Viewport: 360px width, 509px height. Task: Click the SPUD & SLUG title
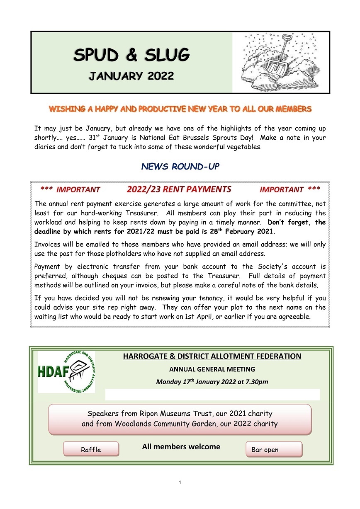click(131, 55)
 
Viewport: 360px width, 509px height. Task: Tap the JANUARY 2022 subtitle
click(131, 76)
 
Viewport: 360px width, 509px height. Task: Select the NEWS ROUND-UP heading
click(180, 167)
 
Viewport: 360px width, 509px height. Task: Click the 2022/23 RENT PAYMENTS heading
click(179, 190)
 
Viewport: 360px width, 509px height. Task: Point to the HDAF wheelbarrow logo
click(66, 372)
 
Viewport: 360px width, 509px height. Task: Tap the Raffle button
click(91, 449)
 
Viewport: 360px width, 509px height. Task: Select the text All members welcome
click(181, 447)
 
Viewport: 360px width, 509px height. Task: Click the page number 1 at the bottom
click(180, 482)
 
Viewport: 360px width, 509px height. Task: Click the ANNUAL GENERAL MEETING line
click(212, 369)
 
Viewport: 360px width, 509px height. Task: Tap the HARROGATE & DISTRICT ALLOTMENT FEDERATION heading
click(212, 356)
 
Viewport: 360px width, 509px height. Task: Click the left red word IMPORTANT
click(78, 190)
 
